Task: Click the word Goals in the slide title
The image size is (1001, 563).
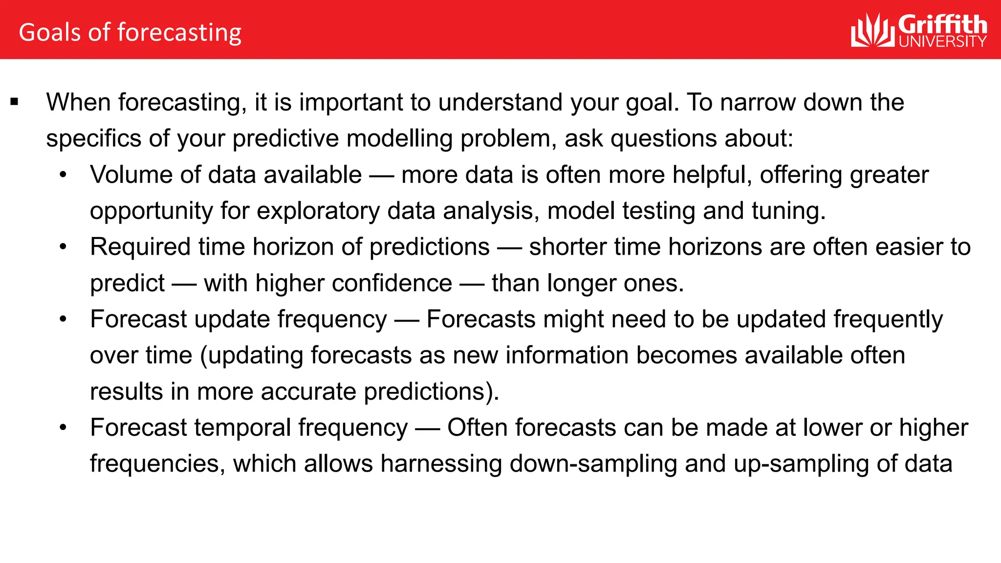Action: (49, 32)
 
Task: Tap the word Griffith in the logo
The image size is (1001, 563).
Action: (942, 24)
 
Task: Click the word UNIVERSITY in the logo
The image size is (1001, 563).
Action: (942, 42)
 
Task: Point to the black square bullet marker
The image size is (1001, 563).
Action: (14, 102)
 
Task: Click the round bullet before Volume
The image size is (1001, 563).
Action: (63, 175)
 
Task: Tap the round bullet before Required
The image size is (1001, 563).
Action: (63, 247)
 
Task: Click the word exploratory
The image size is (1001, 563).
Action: (318, 211)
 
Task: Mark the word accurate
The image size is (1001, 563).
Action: (308, 391)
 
